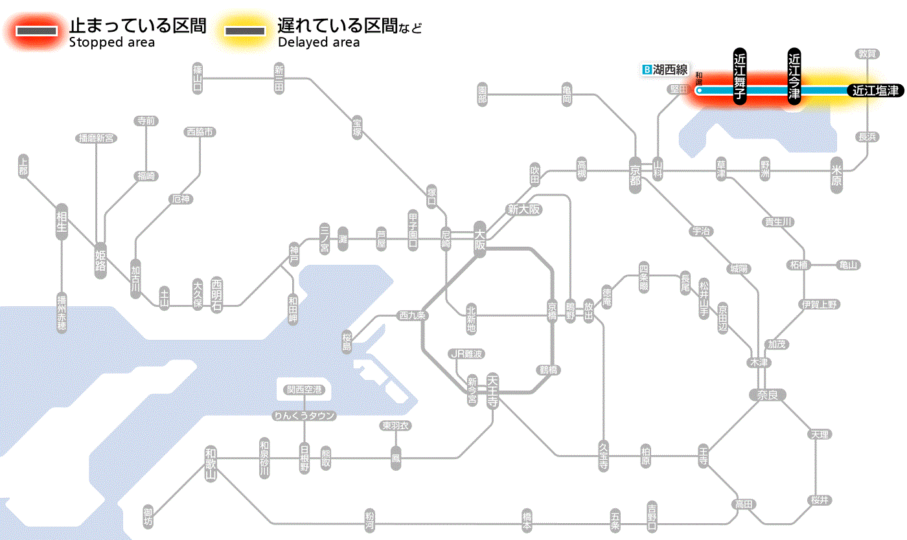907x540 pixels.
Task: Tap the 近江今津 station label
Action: tap(794, 76)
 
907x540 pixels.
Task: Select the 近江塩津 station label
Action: tap(875, 91)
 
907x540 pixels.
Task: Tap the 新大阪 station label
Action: tap(523, 210)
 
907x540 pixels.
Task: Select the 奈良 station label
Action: tap(766, 394)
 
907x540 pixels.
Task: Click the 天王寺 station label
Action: tap(492, 391)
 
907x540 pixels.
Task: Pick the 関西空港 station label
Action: tap(304, 390)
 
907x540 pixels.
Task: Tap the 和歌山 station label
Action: tap(210, 464)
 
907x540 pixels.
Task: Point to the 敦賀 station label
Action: tap(867, 54)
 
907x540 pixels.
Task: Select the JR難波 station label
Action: tap(466, 354)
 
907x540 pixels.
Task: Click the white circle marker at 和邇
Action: tap(699, 91)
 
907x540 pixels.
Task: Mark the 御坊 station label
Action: tap(150, 517)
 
